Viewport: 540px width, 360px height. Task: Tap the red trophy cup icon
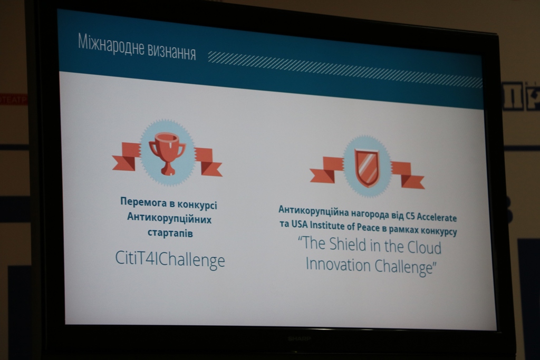[168, 152]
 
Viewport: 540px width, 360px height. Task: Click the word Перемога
[142, 202]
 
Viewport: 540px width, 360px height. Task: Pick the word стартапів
[170, 233]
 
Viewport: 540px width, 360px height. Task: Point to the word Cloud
[425, 247]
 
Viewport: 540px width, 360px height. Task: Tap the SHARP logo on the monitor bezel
[300, 339]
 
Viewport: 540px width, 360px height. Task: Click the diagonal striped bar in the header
[345, 71]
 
